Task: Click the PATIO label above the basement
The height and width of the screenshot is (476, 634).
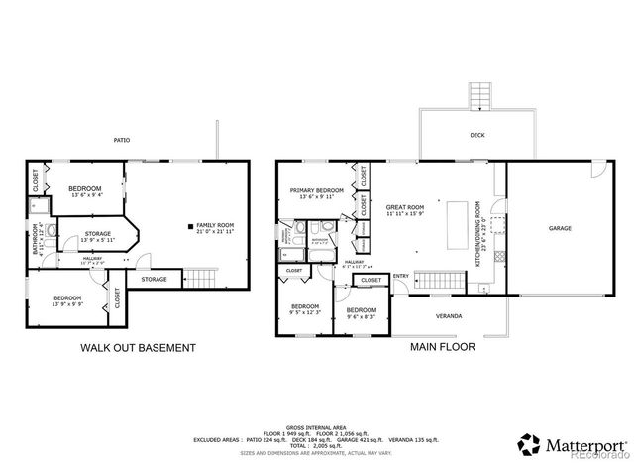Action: point(121,140)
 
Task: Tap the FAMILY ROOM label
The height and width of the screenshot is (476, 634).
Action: point(215,228)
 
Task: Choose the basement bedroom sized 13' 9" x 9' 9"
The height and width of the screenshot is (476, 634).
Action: point(67,300)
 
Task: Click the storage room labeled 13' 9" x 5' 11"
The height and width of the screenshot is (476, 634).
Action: point(96,238)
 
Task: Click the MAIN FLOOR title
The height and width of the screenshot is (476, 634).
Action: point(442,348)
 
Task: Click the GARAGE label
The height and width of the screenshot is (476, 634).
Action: point(560,228)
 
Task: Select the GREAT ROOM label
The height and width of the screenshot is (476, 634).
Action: point(404,207)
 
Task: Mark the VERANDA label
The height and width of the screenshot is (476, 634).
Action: point(449,316)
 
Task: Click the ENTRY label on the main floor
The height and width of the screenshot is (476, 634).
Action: point(400,277)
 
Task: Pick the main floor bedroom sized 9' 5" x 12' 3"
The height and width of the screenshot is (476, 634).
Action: point(305,309)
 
